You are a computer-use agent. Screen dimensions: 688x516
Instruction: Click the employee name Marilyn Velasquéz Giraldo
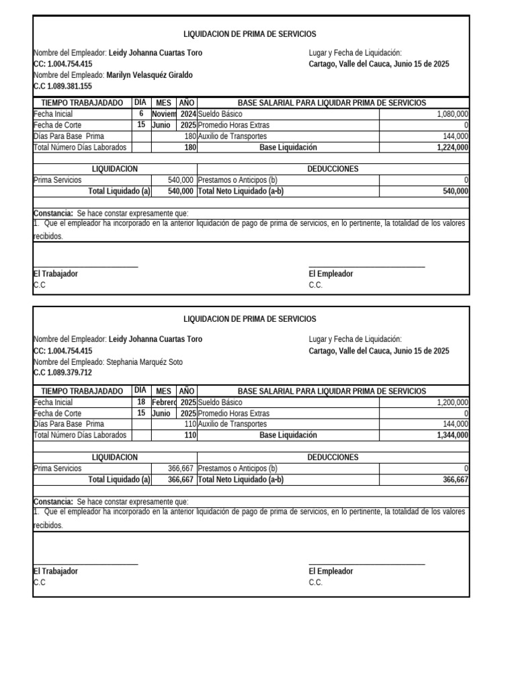[x=149, y=75]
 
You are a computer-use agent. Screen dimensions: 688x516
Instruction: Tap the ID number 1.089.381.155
[x=62, y=87]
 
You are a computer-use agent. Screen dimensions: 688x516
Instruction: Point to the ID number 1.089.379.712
[x=62, y=373]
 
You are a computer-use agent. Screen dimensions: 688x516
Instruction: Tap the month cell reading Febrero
[x=164, y=402]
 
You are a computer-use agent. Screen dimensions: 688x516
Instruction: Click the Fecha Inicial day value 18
[x=141, y=401]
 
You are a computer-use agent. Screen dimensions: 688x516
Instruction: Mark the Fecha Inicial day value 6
[x=141, y=114]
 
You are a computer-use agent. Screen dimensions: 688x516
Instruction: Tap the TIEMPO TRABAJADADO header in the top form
[x=82, y=103]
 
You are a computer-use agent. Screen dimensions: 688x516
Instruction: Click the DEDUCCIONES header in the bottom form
[x=333, y=457]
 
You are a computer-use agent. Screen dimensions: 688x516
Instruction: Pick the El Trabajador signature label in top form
[x=55, y=274]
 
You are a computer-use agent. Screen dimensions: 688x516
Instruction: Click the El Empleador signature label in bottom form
[x=331, y=571]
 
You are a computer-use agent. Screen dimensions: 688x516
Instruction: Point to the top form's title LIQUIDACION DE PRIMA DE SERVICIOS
[x=250, y=34]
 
